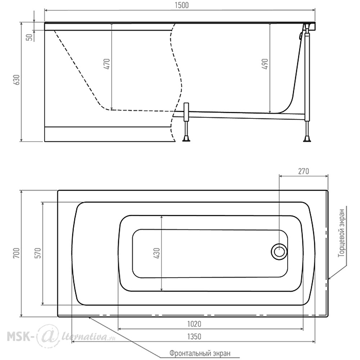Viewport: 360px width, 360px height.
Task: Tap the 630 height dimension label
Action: [17, 80]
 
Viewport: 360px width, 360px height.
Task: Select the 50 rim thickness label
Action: [30, 37]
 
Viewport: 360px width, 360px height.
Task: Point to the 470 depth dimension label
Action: [107, 64]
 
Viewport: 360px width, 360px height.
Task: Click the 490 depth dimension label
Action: [265, 64]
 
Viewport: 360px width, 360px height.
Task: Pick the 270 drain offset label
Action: [303, 171]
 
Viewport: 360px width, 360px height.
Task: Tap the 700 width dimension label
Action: [17, 253]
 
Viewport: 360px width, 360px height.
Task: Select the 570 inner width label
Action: [38, 253]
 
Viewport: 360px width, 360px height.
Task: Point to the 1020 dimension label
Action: [194, 324]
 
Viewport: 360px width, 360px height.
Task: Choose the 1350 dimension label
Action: [194, 337]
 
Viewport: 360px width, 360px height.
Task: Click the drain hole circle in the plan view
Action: [279, 251]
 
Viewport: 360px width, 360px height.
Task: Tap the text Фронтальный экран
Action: [200, 353]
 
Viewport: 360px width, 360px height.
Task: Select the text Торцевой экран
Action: [342, 233]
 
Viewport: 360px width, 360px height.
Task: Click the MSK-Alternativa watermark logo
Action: [61, 337]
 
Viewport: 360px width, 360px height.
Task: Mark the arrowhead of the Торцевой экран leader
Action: [329, 278]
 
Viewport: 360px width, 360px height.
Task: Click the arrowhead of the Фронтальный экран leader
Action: [90, 318]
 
